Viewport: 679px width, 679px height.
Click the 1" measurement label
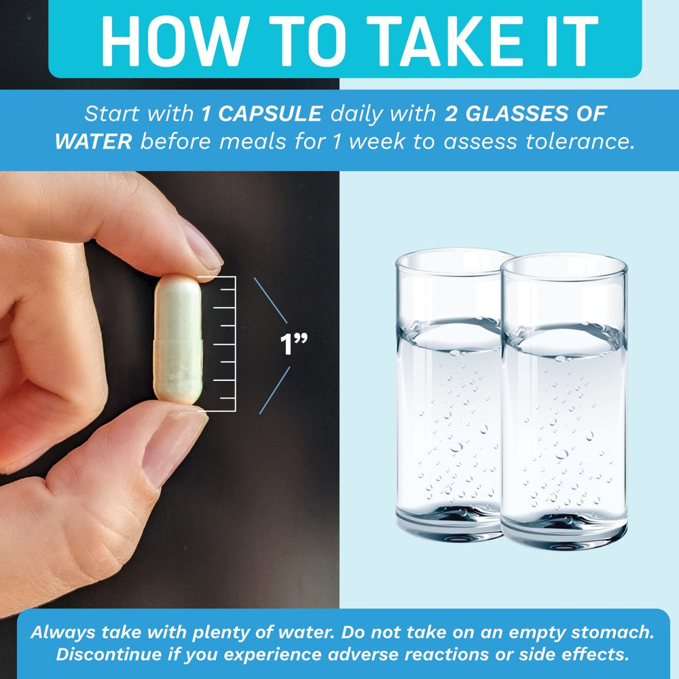(x=293, y=344)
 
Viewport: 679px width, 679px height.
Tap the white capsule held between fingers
(x=178, y=339)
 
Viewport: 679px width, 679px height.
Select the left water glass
(x=450, y=394)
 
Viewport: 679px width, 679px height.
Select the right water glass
(x=564, y=401)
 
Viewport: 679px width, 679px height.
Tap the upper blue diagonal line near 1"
(x=271, y=300)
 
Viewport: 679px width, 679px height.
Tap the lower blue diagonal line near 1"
(x=274, y=390)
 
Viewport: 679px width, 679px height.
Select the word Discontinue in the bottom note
(x=109, y=654)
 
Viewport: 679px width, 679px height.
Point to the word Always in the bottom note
(x=63, y=633)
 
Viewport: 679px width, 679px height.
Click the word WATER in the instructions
(x=94, y=142)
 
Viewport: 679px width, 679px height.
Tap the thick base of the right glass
(x=564, y=530)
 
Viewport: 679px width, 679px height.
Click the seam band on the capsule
(x=178, y=343)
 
